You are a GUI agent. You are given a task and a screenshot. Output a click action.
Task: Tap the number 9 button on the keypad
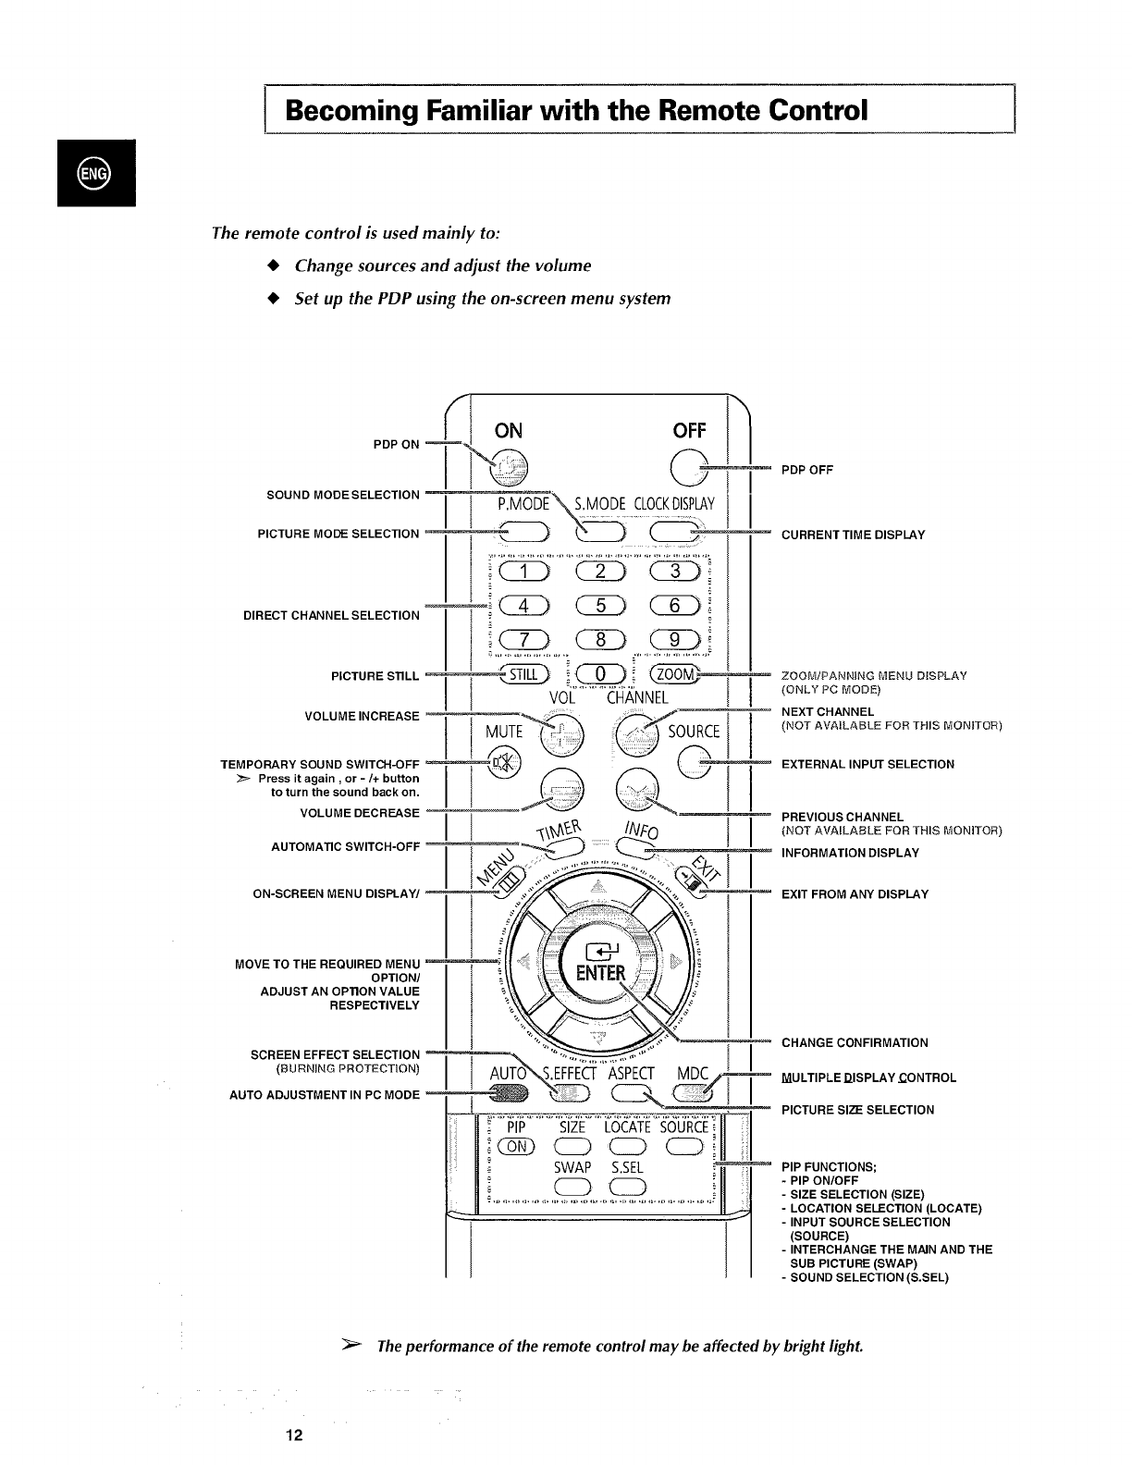coord(680,640)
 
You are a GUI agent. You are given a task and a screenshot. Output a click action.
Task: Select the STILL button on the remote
coord(525,673)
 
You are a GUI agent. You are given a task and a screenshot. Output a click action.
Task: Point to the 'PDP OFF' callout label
coord(807,470)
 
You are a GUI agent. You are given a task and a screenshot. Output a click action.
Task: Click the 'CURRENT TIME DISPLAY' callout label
coord(853,535)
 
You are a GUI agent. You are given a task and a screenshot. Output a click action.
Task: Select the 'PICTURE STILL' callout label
coord(375,676)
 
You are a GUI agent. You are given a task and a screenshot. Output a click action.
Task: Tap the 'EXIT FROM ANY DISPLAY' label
coord(855,894)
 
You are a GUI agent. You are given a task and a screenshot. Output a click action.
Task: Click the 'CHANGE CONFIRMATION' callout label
coord(855,1042)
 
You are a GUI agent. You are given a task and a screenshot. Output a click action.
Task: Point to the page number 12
coord(294,1435)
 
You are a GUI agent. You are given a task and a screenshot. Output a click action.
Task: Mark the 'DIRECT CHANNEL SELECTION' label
coord(331,615)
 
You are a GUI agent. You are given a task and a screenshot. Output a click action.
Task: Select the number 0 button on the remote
coord(602,673)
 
